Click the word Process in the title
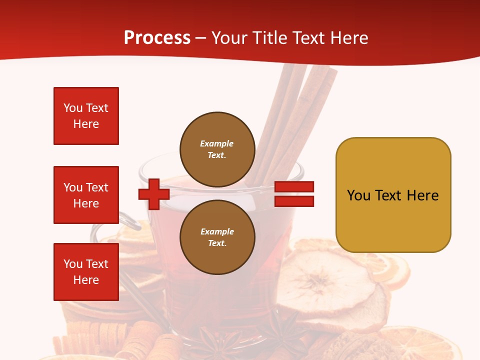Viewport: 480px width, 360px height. (x=157, y=38)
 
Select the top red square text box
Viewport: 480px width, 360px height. (x=86, y=116)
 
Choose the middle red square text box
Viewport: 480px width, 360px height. (x=86, y=195)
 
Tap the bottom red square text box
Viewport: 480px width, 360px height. (x=86, y=272)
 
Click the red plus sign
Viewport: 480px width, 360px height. (x=154, y=194)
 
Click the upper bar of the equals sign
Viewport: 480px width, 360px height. (x=294, y=187)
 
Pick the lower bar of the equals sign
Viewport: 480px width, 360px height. (x=294, y=201)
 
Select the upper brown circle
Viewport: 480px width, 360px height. (x=217, y=149)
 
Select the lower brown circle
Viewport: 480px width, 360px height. (x=217, y=237)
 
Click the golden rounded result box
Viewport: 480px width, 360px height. (x=393, y=194)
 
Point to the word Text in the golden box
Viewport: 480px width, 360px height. (x=389, y=195)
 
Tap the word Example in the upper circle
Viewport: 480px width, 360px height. (x=216, y=143)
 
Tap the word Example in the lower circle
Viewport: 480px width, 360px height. (x=217, y=231)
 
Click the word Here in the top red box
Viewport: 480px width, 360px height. (x=86, y=124)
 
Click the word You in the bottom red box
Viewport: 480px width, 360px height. (x=73, y=264)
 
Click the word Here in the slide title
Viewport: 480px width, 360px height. (x=348, y=38)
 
